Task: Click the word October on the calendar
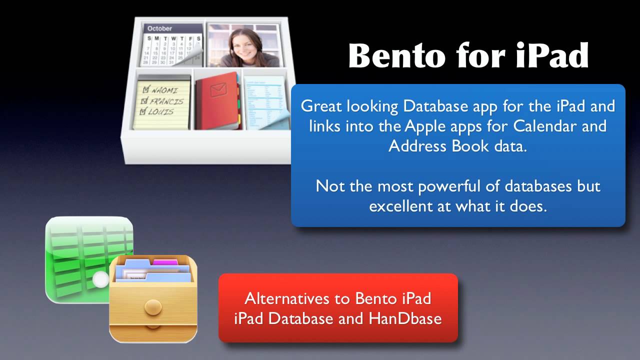click(159, 28)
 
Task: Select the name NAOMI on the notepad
click(164, 90)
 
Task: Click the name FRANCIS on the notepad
click(167, 101)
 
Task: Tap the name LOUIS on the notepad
click(160, 112)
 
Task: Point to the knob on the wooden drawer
click(152, 305)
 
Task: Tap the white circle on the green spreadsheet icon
click(101, 279)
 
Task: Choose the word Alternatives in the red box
click(298, 298)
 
